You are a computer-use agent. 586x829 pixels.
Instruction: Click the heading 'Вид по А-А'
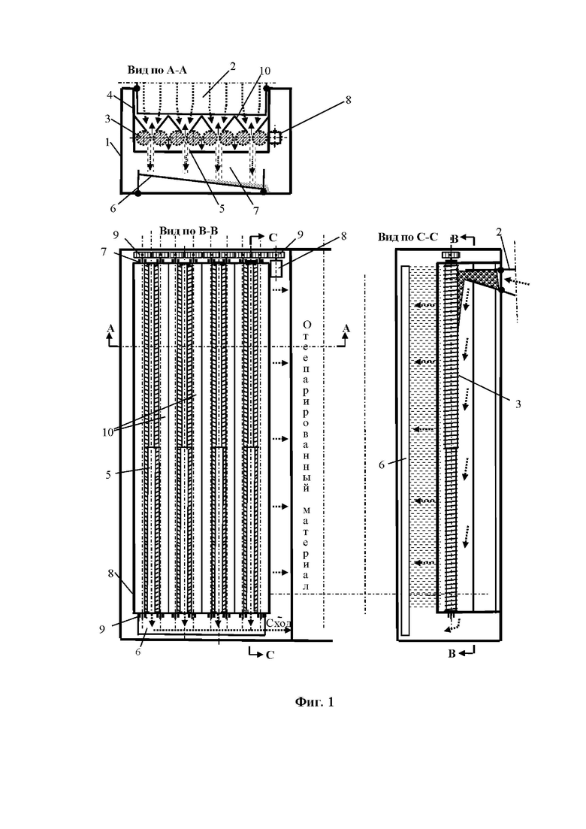click(x=157, y=70)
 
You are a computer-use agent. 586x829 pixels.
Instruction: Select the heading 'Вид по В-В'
click(x=189, y=230)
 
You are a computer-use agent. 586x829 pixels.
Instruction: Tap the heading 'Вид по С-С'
click(x=407, y=237)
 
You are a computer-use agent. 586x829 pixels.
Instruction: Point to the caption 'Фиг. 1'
click(x=314, y=702)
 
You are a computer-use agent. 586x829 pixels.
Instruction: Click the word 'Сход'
click(x=279, y=623)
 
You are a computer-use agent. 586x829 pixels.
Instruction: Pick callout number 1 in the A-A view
click(x=107, y=142)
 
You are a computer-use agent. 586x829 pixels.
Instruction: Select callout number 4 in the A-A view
click(x=110, y=95)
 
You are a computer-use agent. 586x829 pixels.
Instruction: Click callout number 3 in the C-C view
click(x=518, y=404)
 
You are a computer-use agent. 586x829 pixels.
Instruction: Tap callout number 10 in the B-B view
click(x=107, y=432)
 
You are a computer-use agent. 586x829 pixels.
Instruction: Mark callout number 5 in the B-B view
click(x=108, y=475)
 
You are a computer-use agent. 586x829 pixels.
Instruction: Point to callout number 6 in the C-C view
click(x=382, y=464)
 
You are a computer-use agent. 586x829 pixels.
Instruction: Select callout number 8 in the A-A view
click(x=348, y=99)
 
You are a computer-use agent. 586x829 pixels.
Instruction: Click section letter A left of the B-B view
click(x=110, y=328)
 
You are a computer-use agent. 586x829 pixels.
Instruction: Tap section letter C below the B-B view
click(x=270, y=655)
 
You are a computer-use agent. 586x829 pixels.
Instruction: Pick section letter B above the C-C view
click(x=452, y=238)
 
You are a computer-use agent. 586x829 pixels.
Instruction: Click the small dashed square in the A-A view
click(x=275, y=138)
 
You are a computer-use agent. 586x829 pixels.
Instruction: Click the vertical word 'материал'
click(x=307, y=549)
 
